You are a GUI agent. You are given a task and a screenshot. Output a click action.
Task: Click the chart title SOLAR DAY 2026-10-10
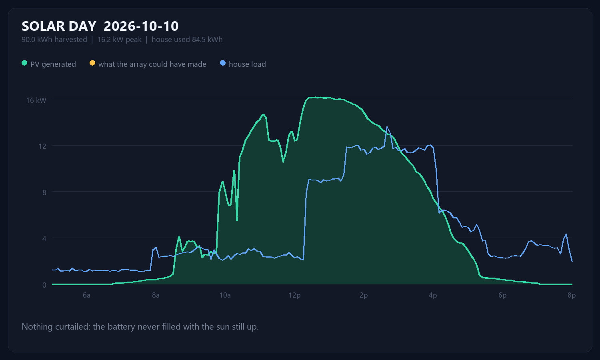[x=100, y=26]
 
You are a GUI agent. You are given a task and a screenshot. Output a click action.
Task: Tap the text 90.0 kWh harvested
[x=54, y=40]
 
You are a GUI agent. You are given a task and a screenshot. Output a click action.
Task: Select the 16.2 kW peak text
[x=120, y=40]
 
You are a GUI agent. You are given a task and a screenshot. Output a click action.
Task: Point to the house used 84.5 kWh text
[x=187, y=40]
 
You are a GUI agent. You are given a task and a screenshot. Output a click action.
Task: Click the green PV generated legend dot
[x=24, y=63]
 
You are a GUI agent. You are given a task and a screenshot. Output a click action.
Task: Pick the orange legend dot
[x=92, y=63]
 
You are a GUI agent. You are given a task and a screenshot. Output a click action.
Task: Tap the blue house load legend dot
[x=222, y=63]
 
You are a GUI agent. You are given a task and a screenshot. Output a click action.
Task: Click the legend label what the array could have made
[x=152, y=64]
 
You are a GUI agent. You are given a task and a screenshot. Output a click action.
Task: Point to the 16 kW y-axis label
[x=36, y=100]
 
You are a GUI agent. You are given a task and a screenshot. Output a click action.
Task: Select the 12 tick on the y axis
[x=42, y=146]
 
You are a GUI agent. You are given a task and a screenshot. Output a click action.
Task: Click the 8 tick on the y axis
[x=44, y=192]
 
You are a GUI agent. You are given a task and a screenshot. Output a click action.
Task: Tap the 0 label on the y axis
[x=44, y=285]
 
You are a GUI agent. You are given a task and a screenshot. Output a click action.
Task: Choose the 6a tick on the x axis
[x=86, y=295]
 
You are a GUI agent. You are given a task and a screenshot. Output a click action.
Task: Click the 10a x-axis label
[x=225, y=295]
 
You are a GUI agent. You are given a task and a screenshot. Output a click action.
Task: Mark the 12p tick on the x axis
[x=294, y=295]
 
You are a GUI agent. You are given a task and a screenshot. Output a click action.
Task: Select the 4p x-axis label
[x=433, y=295]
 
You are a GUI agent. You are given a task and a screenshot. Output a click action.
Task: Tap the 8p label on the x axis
[x=571, y=295]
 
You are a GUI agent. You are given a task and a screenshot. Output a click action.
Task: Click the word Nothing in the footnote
[x=37, y=327]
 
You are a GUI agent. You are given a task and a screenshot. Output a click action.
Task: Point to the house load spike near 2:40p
[x=387, y=127]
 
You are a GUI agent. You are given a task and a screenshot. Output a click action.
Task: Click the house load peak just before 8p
[x=566, y=234]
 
